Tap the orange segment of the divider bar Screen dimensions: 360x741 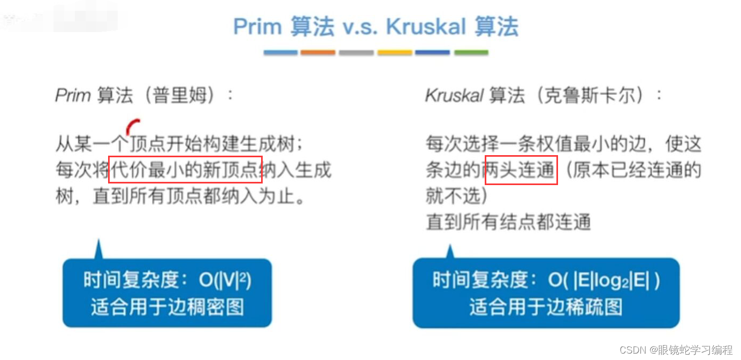[318, 52]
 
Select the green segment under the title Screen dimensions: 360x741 [471, 52]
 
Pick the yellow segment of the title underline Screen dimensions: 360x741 [395, 52]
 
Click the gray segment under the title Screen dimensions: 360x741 [356, 52]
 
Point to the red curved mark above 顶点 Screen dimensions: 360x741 [132, 126]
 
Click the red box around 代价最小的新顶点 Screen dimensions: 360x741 [185, 170]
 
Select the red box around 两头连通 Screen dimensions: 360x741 [521, 170]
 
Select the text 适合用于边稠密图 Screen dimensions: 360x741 [167, 307]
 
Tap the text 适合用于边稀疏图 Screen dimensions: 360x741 [546, 307]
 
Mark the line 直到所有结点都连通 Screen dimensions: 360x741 [508, 221]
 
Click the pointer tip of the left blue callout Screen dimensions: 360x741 [98, 243]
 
